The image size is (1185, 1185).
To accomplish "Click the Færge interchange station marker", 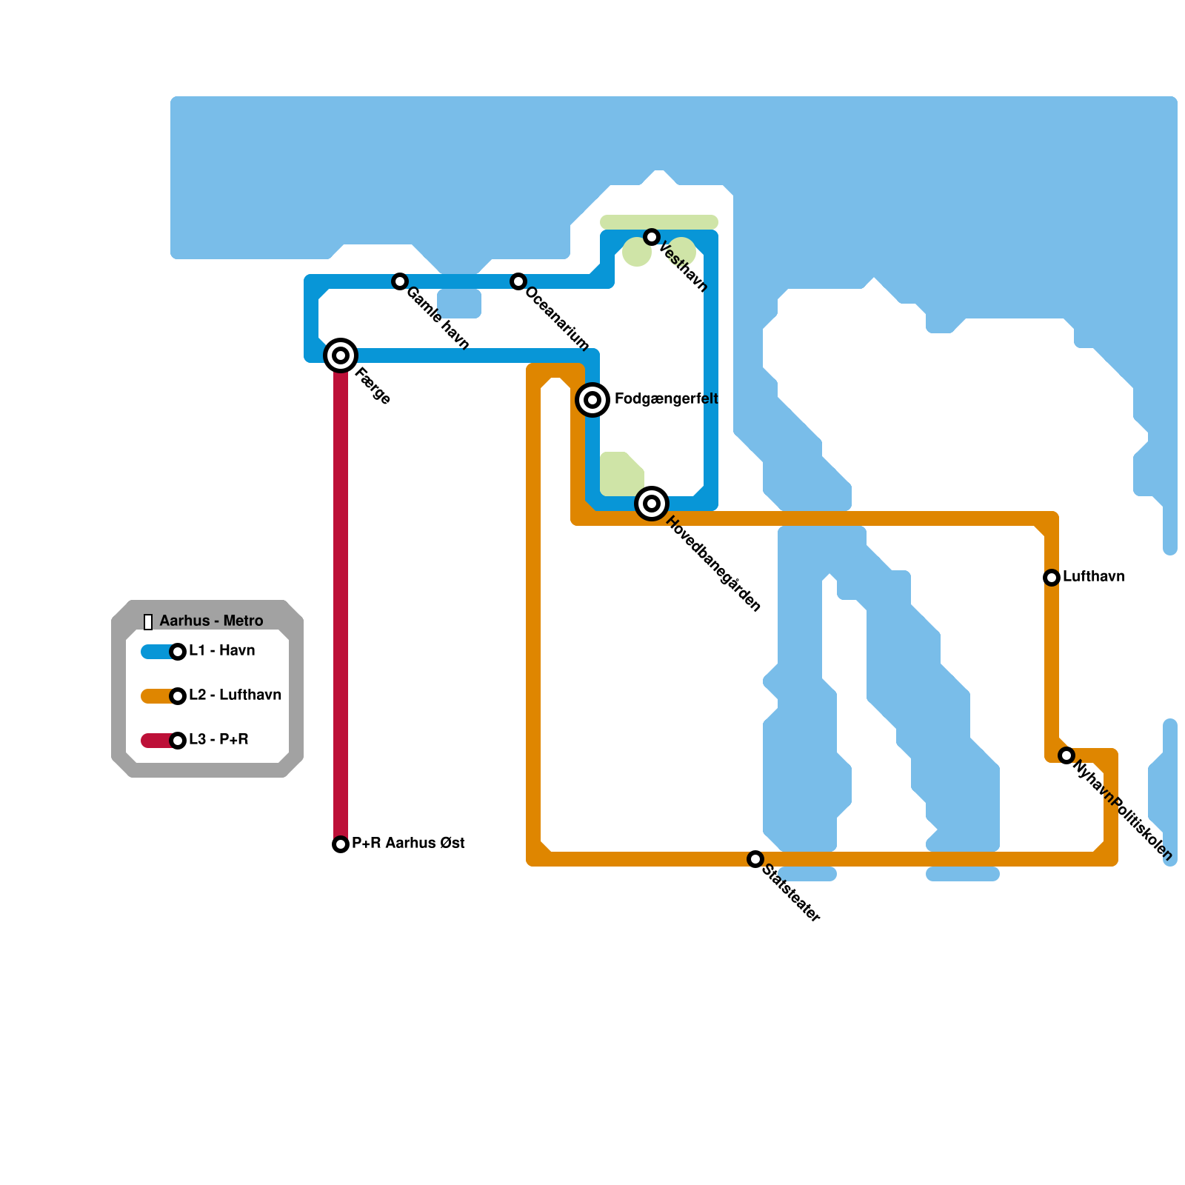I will [341, 355].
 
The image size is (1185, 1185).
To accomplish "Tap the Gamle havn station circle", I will [400, 281].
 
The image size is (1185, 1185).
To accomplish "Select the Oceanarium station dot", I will [518, 281].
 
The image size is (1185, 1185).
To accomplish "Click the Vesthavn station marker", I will [652, 237].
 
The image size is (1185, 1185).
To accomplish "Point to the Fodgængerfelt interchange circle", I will [592, 400].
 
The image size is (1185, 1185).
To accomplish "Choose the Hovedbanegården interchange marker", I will [652, 504].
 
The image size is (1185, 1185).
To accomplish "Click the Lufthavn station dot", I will [1052, 578].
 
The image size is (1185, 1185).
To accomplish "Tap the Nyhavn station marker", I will [1066, 755].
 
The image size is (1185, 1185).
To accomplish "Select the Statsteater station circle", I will [755, 859].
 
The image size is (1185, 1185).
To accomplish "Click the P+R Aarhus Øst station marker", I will [341, 844].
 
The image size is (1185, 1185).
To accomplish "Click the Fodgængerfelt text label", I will [666, 399].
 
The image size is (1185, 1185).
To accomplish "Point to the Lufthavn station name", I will [1093, 577].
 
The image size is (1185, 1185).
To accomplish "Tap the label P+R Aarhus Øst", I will [408, 844].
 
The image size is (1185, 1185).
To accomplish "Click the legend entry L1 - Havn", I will [221, 651].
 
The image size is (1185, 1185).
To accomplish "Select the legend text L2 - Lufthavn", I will [235, 695].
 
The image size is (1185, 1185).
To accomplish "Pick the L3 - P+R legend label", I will [218, 740].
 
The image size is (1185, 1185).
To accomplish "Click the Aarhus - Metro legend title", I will [211, 621].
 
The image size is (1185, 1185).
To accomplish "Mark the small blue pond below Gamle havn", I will [459, 304].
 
